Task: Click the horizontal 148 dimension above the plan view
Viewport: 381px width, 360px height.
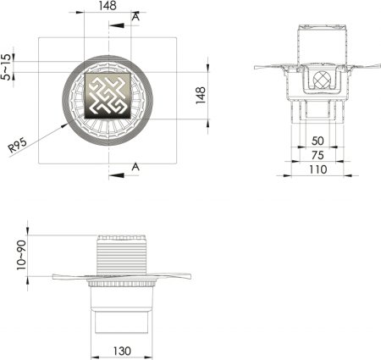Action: [108, 7]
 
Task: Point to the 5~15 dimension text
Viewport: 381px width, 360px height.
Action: [8, 67]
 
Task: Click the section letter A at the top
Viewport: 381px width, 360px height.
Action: [135, 15]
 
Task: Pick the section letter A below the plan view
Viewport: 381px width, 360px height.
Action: [135, 168]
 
